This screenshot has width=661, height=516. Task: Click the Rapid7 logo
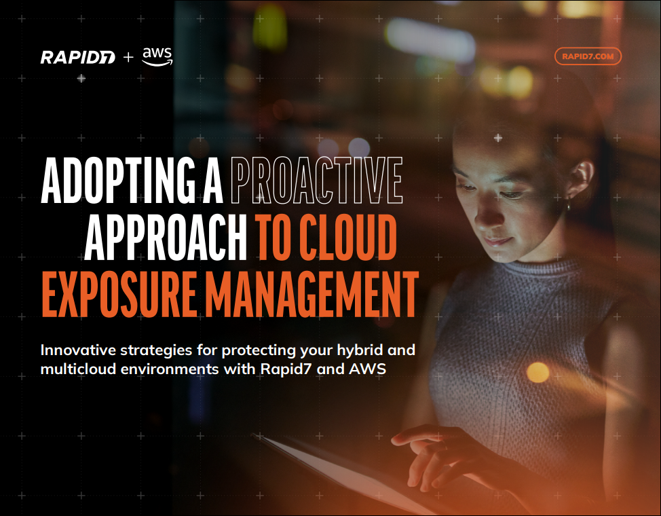[77, 58]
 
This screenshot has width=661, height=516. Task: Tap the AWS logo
[157, 57]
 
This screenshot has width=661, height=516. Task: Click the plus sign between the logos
[128, 57]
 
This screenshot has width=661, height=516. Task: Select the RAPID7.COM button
[588, 56]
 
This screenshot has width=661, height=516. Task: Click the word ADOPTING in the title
[119, 180]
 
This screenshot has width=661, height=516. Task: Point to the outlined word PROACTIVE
[316, 180]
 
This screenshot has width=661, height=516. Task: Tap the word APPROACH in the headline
[166, 237]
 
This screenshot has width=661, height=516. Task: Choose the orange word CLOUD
[347, 237]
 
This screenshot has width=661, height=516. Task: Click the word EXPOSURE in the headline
[119, 294]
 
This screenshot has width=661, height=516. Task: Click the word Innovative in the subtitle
[78, 350]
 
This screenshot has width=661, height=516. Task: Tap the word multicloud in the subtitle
[77, 369]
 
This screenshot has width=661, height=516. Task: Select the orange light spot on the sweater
[538, 373]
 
